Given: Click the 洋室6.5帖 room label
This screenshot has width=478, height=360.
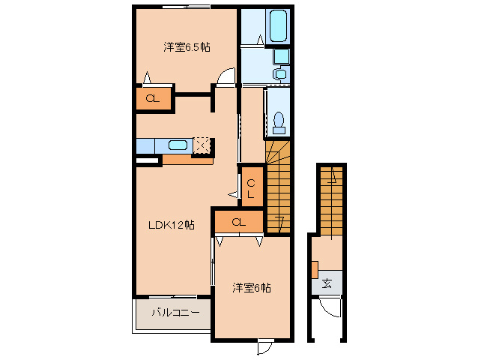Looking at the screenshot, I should tap(187, 47).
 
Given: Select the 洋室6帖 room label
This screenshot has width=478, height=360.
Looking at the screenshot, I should tap(250, 287).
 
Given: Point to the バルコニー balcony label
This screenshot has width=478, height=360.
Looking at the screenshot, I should tap(175, 313).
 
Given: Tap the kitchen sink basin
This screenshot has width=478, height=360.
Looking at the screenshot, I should tap(178, 145).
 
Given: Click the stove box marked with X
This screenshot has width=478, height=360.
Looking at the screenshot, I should tap(202, 145).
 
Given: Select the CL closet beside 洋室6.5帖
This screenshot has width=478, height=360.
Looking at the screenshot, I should tap(152, 98).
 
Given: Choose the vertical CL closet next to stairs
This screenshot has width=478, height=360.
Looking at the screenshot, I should tap(251, 187).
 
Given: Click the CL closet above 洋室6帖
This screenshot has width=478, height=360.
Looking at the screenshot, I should tap(238, 222).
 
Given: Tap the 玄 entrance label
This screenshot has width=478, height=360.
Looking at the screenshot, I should tap(327, 283).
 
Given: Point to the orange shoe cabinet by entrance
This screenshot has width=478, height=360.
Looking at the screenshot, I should tap(315, 268).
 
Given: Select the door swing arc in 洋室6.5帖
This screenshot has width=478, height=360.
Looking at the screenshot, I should tap(226, 77).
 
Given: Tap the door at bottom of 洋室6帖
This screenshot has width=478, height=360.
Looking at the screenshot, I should tap(264, 348).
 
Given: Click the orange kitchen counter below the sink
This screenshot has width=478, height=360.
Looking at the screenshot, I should tap(187, 159).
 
